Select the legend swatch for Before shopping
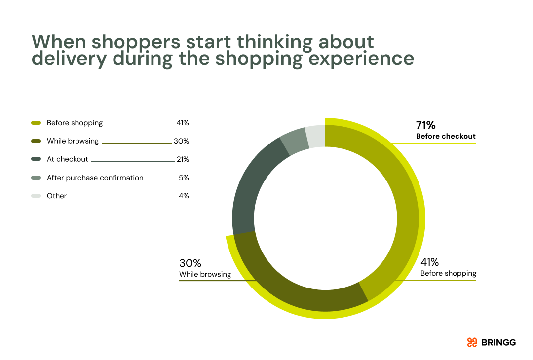36,123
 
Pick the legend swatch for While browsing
36,141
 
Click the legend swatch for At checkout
36,159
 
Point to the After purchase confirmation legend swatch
36,178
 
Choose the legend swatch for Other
36,196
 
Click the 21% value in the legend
183,159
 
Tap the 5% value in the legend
184,178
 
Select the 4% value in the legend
184,196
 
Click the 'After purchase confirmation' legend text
95,178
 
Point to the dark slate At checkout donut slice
252,187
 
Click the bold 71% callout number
426,125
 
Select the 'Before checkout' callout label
446,136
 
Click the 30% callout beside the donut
190,263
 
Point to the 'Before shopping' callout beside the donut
448,273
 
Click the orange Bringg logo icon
472,342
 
